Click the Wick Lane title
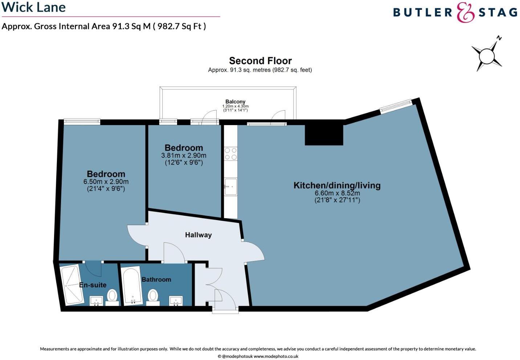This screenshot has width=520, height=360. click(x=34, y=7)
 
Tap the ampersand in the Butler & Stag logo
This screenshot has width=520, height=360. click(x=466, y=12)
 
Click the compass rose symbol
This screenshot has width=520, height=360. click(x=487, y=56)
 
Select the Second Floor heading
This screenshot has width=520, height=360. click(x=260, y=61)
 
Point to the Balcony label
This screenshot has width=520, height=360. click(x=235, y=102)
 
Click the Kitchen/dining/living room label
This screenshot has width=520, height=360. click(x=337, y=186)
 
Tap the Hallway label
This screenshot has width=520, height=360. click(x=198, y=235)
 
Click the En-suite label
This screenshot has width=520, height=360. click(x=93, y=285)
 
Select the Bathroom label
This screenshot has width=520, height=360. click(x=156, y=280)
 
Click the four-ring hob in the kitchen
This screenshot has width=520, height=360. click(x=230, y=153)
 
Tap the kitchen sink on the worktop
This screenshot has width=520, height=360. click(x=230, y=187)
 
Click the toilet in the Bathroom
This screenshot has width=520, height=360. click(x=153, y=296)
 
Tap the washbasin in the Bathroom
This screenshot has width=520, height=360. click(x=176, y=301)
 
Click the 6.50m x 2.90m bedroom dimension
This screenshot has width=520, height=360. click(x=106, y=182)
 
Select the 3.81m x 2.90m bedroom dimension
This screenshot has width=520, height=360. click(x=184, y=156)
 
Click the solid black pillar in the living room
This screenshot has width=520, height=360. click(x=324, y=135)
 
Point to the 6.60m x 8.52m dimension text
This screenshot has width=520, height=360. click(x=337, y=193)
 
